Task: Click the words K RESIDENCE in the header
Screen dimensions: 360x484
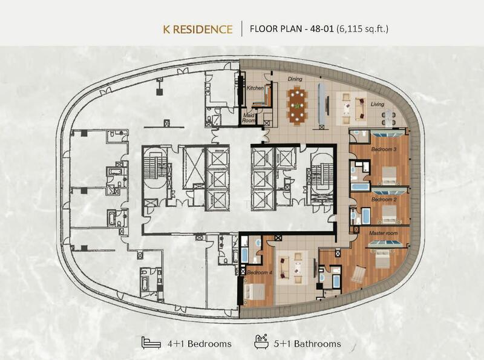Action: [198, 28]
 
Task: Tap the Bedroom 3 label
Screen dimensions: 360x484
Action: [384, 149]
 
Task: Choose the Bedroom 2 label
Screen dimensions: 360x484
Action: [384, 199]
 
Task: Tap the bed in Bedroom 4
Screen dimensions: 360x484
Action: [255, 292]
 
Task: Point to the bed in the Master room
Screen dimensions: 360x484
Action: [382, 260]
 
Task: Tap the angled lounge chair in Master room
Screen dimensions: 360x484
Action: [359, 273]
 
